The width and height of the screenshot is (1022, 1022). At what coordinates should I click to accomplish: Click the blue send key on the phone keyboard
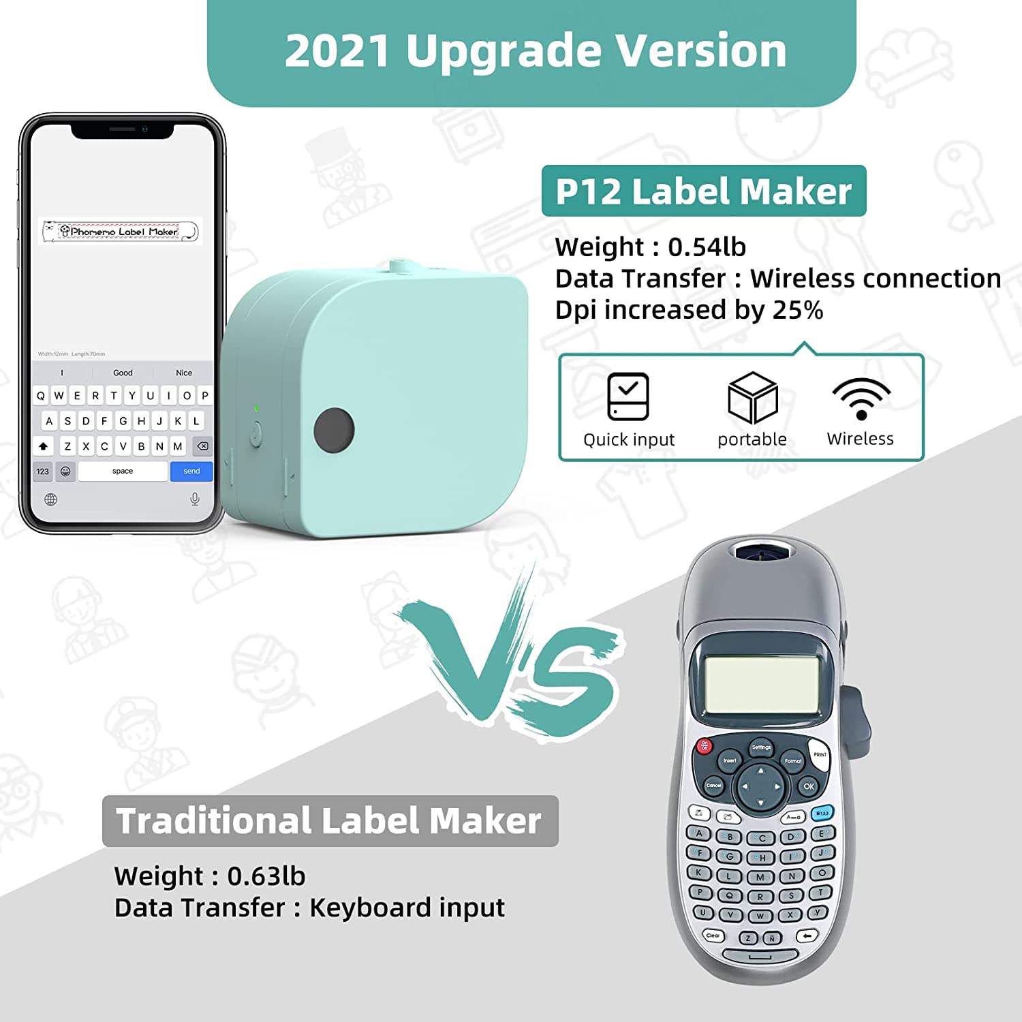(x=191, y=471)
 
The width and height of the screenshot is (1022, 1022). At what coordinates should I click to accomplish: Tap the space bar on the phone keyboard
(x=123, y=471)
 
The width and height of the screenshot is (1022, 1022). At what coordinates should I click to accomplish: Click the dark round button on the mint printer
(x=334, y=430)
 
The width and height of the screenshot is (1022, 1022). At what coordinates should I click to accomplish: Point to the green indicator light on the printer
(x=256, y=409)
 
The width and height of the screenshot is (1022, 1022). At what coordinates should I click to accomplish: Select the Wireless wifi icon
(x=861, y=398)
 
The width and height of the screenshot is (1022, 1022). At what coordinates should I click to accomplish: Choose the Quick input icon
(x=628, y=397)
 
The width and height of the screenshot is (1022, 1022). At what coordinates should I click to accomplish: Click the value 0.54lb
(x=707, y=247)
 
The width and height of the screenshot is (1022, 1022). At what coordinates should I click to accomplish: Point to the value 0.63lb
(x=266, y=876)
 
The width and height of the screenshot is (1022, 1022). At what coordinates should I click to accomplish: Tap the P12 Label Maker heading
(x=703, y=191)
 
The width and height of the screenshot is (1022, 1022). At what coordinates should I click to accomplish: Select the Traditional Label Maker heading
(x=329, y=821)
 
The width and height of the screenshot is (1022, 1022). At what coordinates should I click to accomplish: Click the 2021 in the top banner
(x=338, y=50)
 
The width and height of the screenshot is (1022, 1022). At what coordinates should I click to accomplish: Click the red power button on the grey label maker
(x=703, y=746)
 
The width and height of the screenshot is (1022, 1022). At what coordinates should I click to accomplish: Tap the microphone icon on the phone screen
(x=195, y=499)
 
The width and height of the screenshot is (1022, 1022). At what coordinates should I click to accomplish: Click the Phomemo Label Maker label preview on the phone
(x=121, y=232)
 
